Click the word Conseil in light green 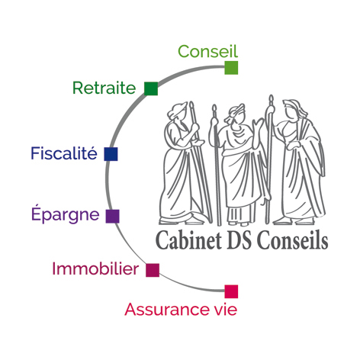click(207, 51)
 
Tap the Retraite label click(104, 88)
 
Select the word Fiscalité click(64, 153)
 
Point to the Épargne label click(65, 214)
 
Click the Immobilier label click(95, 268)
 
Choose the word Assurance click(165, 310)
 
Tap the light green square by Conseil click(231, 68)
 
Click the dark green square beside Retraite click(151, 88)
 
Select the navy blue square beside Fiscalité click(111, 154)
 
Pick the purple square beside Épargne click(112, 217)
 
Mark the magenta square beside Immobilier click(153, 270)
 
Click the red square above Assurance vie click(231, 291)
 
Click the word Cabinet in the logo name click(188, 240)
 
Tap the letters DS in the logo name click(239, 240)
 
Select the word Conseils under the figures click(292, 240)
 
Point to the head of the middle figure click(236, 114)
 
